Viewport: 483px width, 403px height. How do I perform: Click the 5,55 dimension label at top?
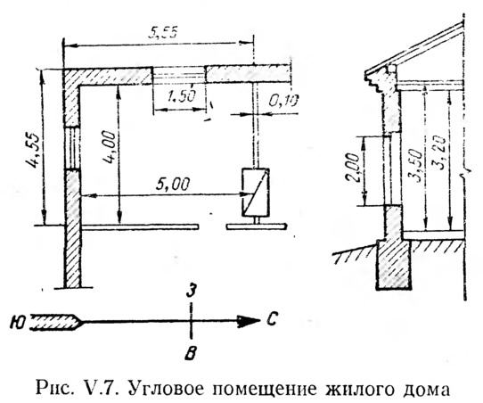(163, 32)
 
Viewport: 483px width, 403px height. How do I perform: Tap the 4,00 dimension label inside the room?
(110, 150)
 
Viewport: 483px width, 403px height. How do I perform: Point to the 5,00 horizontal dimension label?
(173, 185)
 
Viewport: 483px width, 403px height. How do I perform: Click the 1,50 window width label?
(181, 96)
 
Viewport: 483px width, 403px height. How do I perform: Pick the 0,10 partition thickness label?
(282, 101)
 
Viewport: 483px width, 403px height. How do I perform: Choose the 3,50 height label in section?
(414, 166)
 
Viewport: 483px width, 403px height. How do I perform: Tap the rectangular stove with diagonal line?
(255, 192)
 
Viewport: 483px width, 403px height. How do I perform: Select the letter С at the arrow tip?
(272, 319)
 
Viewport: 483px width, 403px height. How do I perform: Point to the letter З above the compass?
(192, 291)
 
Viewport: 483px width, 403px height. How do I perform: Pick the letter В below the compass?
(191, 353)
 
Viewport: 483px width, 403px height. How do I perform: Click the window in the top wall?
(179, 75)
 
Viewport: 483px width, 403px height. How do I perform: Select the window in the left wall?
(73, 148)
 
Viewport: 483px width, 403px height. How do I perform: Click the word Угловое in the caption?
(168, 388)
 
